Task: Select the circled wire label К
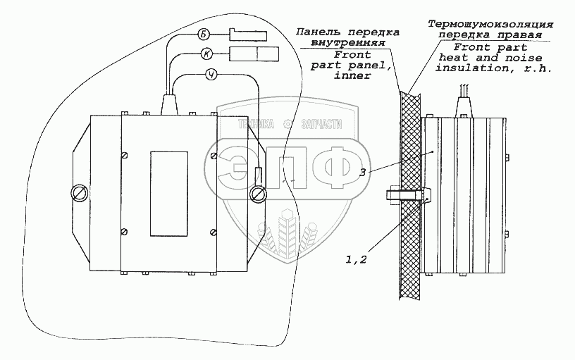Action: (206, 54)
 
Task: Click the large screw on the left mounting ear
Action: (79, 192)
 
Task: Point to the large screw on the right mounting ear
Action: (258, 192)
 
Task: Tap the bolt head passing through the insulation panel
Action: (392, 192)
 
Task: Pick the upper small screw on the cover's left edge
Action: (125, 154)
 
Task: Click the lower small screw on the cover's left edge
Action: (125, 231)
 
